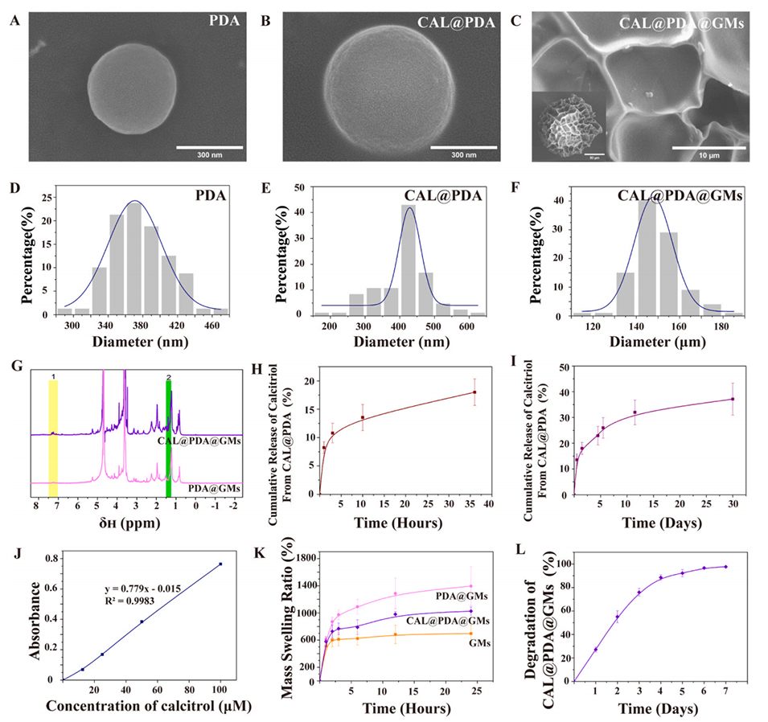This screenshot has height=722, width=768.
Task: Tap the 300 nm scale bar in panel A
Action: (209, 148)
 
